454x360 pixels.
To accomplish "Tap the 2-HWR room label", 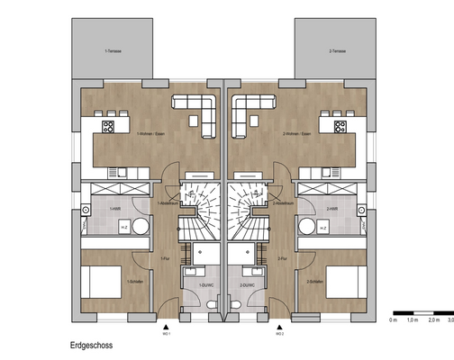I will pos(332,209).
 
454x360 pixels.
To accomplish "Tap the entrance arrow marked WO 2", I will pos(281,328).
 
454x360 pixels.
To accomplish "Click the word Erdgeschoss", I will pos(93,344).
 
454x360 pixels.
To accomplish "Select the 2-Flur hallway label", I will pos(283,258).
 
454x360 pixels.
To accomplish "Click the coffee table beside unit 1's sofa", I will pos(195,118).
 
